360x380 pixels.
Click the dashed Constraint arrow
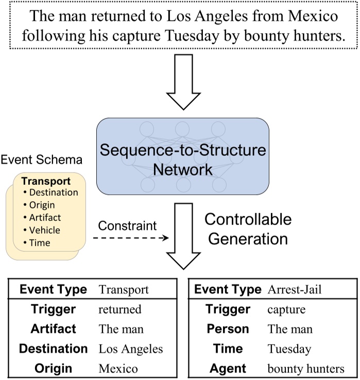pos(131,238)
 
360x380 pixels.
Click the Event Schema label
pos(41,160)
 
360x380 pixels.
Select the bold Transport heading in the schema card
pos(45,181)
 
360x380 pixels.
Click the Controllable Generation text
pos(248,229)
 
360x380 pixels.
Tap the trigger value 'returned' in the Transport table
pos(120,309)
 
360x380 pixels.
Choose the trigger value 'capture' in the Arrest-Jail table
pos(287,309)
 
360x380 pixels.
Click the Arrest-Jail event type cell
pos(294,290)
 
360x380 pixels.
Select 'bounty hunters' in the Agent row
pos(306,368)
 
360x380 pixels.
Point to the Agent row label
pos(228,368)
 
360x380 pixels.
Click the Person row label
pos(228,329)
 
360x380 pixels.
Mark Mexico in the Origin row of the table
pos(118,368)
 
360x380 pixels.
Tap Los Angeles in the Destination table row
pos(131,349)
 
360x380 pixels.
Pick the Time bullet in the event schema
pos(40,243)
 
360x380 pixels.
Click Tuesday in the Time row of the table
pos(289,349)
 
